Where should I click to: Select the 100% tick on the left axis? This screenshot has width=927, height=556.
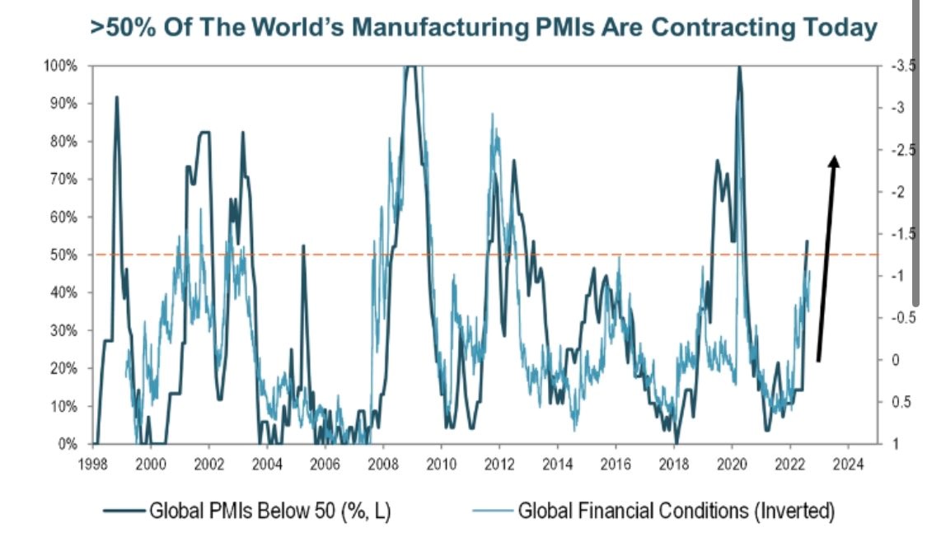(60, 66)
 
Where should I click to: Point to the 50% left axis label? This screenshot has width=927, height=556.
(63, 255)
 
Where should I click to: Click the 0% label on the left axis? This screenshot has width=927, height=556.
(67, 445)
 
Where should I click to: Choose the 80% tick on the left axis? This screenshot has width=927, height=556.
(63, 142)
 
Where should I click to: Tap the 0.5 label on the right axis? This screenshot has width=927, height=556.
(901, 402)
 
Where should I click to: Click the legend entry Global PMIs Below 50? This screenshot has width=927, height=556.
(270, 512)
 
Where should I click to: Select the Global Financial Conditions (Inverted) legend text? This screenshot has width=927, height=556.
(676, 512)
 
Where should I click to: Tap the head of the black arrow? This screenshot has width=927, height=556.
(834, 160)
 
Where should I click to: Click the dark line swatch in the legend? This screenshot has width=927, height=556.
(124, 512)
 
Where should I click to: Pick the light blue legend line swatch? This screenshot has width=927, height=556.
(493, 512)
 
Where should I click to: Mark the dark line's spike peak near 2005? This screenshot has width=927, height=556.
(303, 246)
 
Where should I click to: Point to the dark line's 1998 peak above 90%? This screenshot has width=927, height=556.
(116, 98)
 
